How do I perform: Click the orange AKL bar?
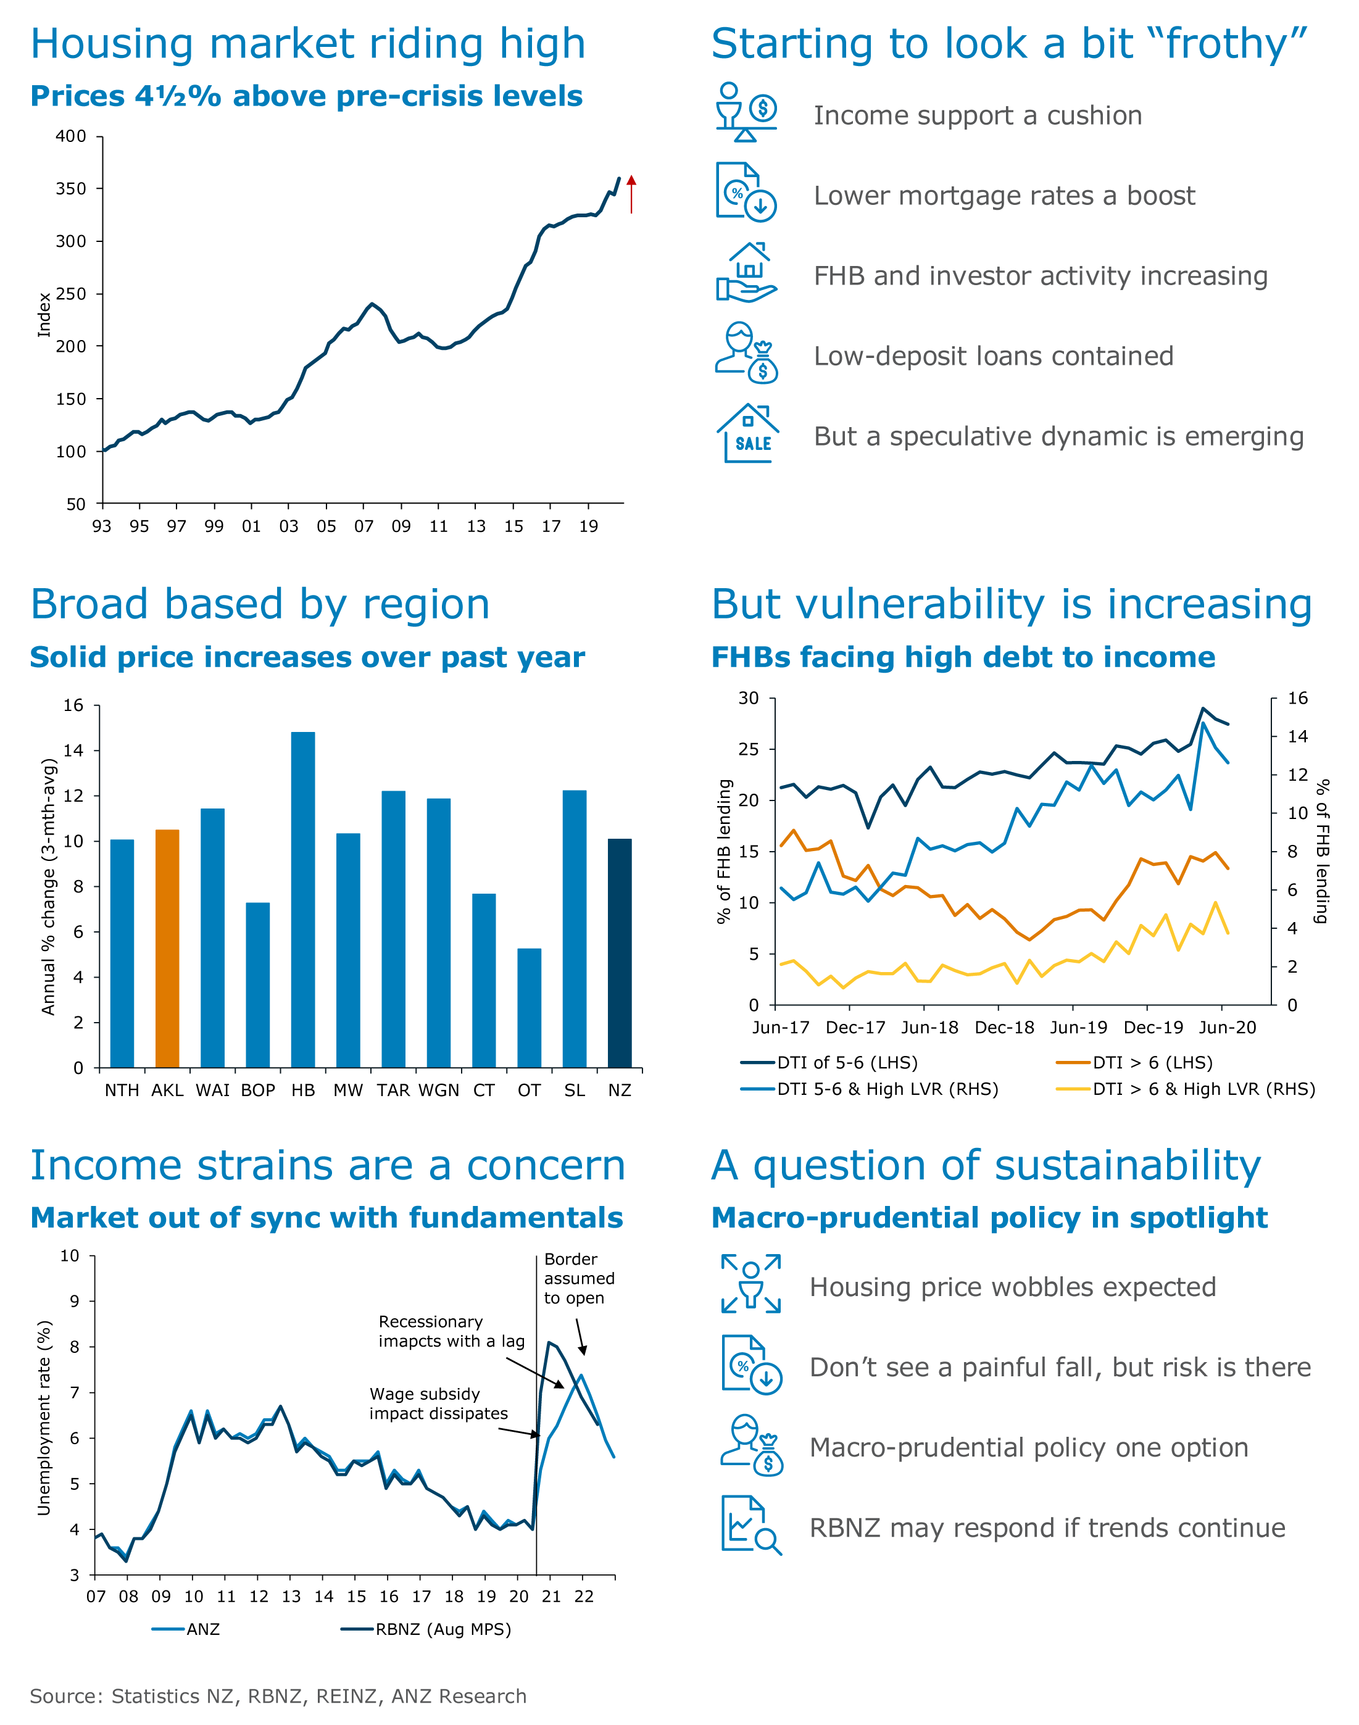point(167,949)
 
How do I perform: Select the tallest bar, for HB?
point(303,900)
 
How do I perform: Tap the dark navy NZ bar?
point(620,953)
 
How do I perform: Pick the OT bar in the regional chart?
point(529,1008)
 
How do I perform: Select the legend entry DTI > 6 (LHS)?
point(1134,1062)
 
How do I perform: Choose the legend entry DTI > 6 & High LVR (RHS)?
point(1186,1089)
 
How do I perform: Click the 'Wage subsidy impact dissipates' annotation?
point(438,1403)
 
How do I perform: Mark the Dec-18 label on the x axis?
point(1004,1027)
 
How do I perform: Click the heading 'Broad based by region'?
point(260,605)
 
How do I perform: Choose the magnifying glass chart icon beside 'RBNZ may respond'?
point(751,1524)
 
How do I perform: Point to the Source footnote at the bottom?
point(278,1697)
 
